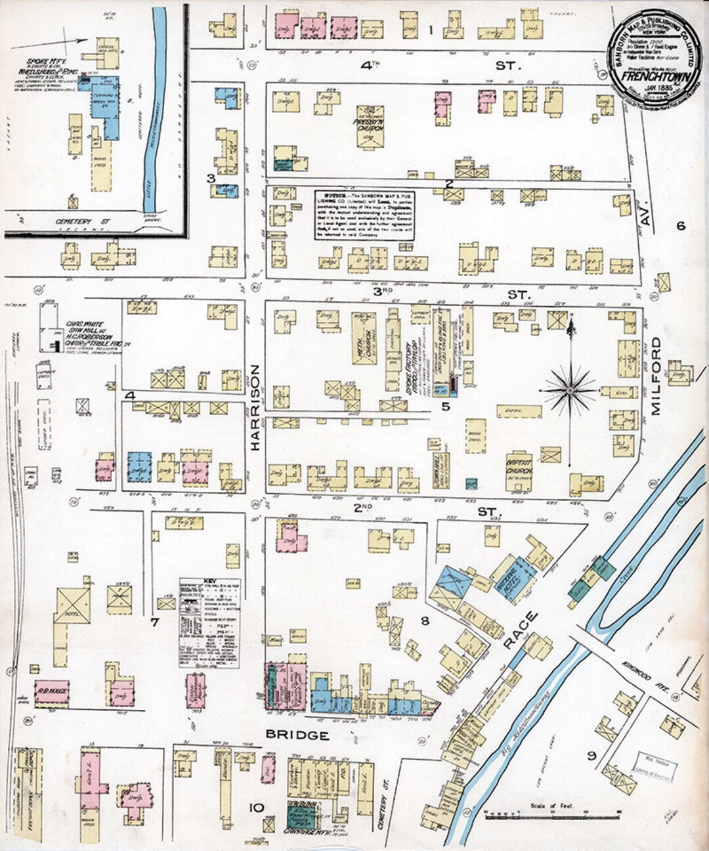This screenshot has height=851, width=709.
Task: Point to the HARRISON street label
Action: [255, 407]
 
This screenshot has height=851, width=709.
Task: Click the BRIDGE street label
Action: [297, 735]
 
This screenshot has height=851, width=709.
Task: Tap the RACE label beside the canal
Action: [522, 630]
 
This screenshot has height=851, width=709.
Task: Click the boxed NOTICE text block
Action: [364, 214]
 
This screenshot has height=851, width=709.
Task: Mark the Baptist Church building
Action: [519, 471]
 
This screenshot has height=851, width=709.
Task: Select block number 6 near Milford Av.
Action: [680, 226]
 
